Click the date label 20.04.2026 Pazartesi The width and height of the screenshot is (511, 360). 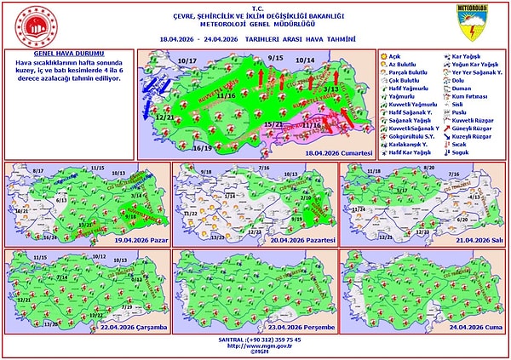(302, 242)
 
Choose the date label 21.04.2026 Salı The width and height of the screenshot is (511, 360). (469, 242)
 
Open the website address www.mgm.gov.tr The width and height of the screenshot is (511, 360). (255, 346)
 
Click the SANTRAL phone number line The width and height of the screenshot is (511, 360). (255, 340)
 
